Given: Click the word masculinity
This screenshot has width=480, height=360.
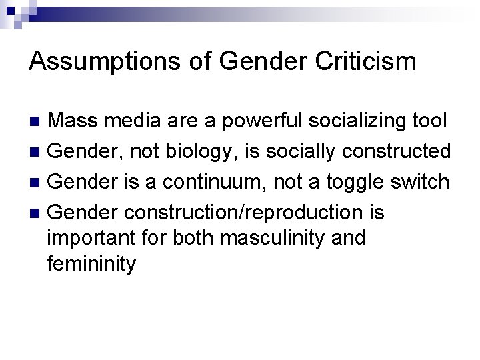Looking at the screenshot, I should tap(265, 237).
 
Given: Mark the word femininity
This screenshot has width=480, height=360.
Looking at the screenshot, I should tap(91, 263).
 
